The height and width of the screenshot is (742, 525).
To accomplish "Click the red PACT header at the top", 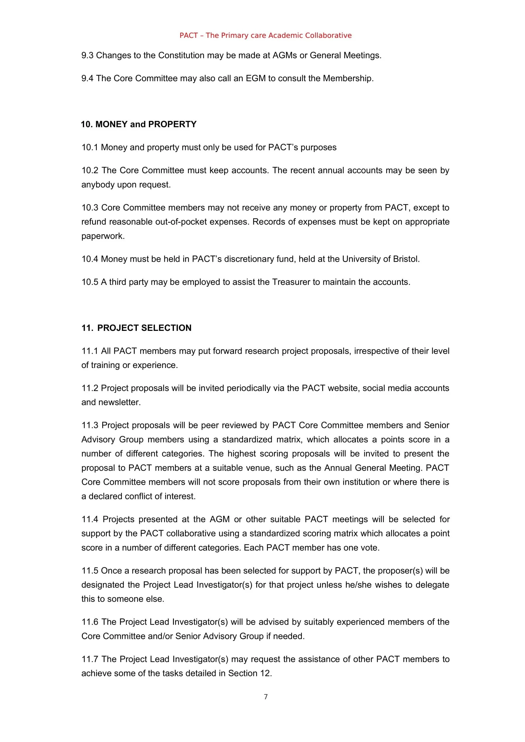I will tap(265, 35).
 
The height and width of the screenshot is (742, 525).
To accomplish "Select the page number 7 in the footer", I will tap(265, 696).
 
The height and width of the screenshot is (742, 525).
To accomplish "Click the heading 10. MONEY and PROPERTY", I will tap(139, 124).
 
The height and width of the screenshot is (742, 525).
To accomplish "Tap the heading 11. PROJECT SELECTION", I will tap(136, 328).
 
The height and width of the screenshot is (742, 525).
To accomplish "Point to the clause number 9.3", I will tap(87, 55).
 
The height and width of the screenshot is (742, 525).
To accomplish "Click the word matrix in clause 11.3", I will tap(288, 439).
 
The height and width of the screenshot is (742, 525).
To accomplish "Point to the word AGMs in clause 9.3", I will tap(284, 55).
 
